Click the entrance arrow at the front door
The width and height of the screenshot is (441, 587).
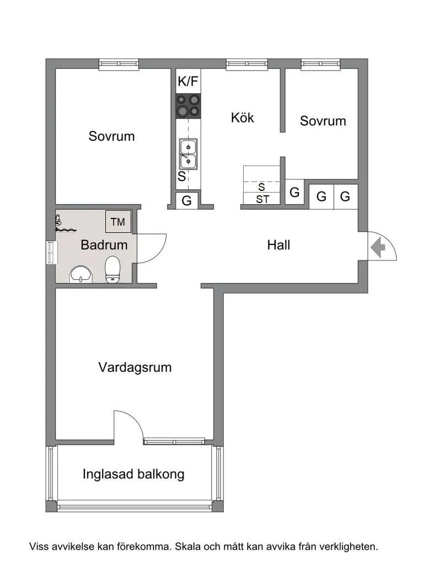(378, 247)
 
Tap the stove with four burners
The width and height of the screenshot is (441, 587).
(188, 105)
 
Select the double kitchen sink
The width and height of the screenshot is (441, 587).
(188, 154)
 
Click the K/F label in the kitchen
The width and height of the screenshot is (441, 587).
(188, 82)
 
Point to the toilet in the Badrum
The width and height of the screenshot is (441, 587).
(113, 269)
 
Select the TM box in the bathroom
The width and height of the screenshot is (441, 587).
(118, 222)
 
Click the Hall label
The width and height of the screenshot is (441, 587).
(278, 245)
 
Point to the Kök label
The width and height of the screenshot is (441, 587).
(243, 118)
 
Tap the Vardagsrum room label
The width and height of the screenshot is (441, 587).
(135, 367)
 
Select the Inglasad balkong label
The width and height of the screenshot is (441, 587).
(133, 474)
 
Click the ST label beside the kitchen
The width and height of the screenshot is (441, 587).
(262, 200)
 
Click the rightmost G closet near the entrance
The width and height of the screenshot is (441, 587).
(346, 196)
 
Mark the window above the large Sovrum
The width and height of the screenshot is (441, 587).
(119, 64)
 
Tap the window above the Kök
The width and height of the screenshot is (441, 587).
(246, 64)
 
